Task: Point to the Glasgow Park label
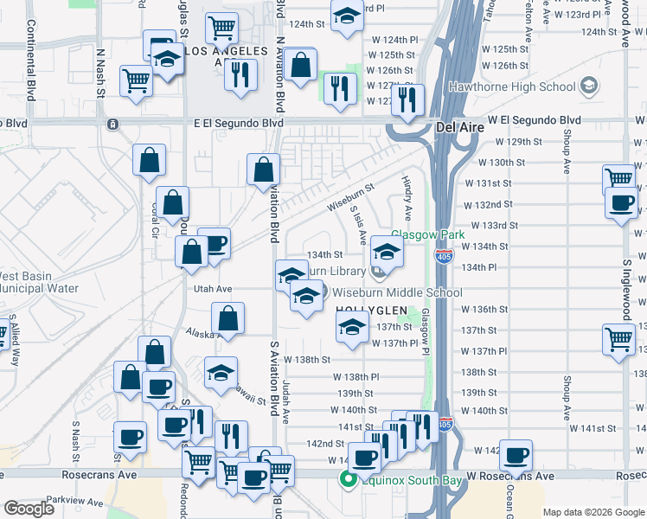[428, 234]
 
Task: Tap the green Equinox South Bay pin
[348, 477]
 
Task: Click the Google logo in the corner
[29, 509]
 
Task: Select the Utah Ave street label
[214, 288]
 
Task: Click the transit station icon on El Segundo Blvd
[112, 125]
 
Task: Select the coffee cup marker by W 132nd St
[622, 203]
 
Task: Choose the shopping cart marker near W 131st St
[619, 178]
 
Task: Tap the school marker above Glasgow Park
[388, 253]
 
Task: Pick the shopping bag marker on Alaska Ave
[228, 317]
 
